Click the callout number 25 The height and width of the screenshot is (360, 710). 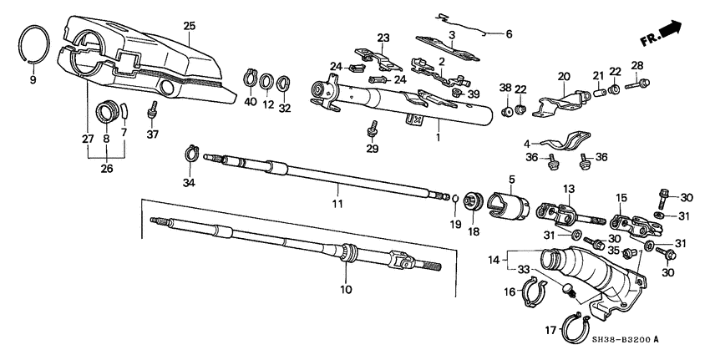189,27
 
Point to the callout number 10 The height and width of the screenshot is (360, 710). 345,290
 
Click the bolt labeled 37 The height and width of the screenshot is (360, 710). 154,109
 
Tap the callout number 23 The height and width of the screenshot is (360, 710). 383,38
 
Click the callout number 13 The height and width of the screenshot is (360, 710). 569,189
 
